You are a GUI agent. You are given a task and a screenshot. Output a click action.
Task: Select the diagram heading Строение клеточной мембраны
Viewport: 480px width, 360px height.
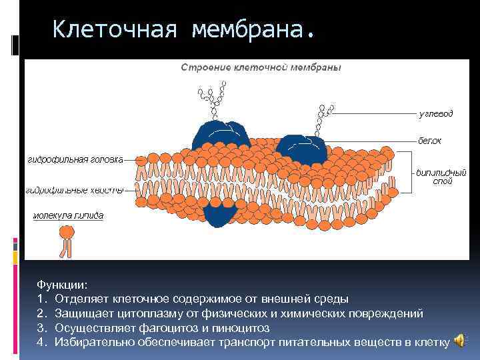pos(261,68)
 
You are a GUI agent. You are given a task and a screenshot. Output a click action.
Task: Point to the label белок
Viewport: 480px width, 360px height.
pos(429,141)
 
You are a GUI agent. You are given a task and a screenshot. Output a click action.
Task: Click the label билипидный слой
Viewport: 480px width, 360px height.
pos(434,176)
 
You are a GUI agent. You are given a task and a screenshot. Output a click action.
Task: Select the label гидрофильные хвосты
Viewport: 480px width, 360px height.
pos(75,191)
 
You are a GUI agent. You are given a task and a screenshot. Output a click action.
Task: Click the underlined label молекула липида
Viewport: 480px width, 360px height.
pos(68,216)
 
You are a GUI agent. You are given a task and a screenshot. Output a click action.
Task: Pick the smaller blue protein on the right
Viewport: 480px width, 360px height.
pos(301,149)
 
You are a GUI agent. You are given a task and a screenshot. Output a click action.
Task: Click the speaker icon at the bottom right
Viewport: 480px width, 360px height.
pos(460,341)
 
